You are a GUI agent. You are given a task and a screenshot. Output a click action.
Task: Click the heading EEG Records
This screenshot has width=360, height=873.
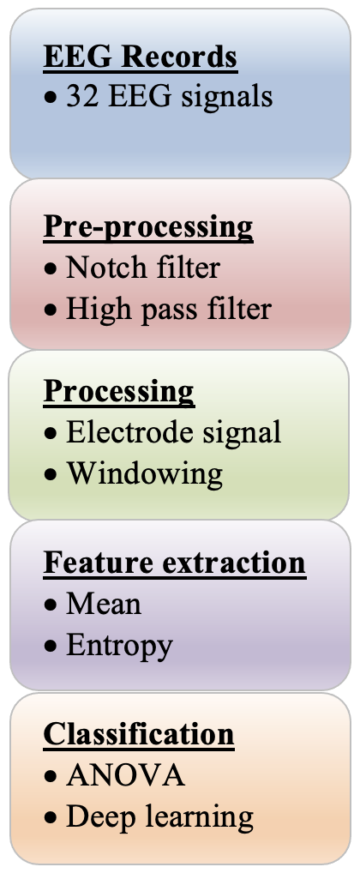[x=141, y=57]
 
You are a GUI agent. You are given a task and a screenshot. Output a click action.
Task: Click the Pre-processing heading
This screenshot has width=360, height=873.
[x=148, y=227]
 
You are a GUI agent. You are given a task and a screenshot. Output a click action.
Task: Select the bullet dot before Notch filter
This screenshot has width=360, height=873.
[x=51, y=269]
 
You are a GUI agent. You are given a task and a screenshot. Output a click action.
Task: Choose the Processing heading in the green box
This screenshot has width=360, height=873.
[x=119, y=393]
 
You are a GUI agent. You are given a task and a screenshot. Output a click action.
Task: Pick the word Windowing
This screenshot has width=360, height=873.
[x=145, y=475]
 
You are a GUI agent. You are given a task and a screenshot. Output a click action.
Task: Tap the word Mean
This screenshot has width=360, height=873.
[x=104, y=604]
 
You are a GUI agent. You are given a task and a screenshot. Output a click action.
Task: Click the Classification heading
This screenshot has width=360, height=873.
[x=139, y=733]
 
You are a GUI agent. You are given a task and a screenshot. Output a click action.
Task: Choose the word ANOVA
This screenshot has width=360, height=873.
[x=126, y=775]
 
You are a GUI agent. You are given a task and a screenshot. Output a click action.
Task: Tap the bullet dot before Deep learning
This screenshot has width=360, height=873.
[x=51, y=818]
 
